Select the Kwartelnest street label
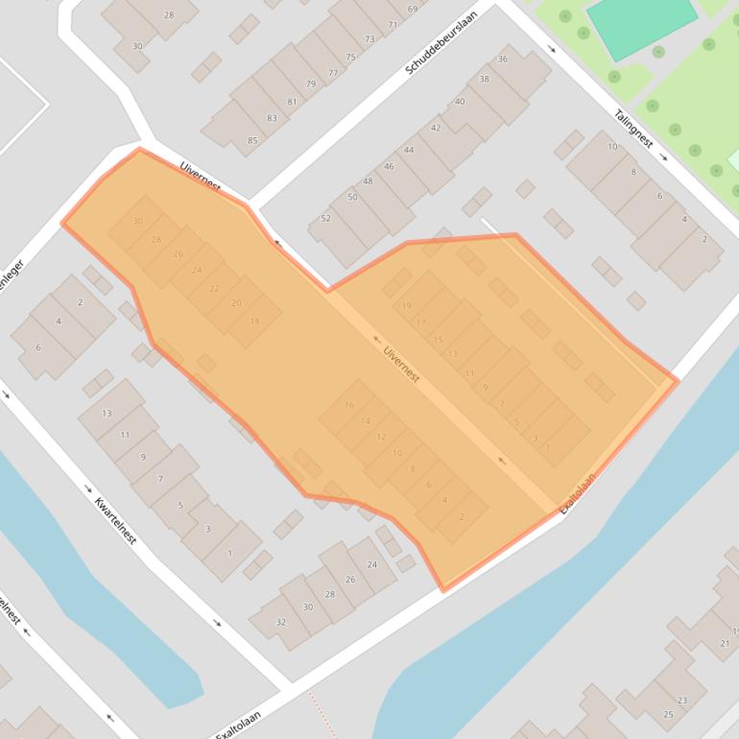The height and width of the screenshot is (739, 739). click(x=115, y=519)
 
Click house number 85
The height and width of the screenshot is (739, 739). click(x=252, y=141)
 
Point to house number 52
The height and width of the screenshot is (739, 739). click(x=325, y=219)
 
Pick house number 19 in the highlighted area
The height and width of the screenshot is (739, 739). click(x=407, y=305)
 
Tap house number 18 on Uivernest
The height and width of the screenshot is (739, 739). click(x=254, y=321)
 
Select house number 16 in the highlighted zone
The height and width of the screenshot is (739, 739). click(x=349, y=405)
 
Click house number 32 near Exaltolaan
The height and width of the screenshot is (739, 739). click(x=280, y=622)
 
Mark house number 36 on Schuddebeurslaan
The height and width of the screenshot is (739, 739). click(x=503, y=60)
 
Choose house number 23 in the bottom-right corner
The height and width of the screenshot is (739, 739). click(x=682, y=701)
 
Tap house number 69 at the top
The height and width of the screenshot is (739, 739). click(x=412, y=10)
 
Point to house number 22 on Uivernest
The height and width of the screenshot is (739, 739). click(x=213, y=288)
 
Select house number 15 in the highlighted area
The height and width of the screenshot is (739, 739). click(x=439, y=340)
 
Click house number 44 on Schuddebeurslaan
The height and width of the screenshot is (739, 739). click(x=409, y=150)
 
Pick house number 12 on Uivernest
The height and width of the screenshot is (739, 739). click(x=381, y=437)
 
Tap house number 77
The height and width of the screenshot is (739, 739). click(x=333, y=73)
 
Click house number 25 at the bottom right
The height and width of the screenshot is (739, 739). click(x=668, y=715)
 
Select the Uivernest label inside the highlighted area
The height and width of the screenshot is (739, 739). click(x=401, y=364)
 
